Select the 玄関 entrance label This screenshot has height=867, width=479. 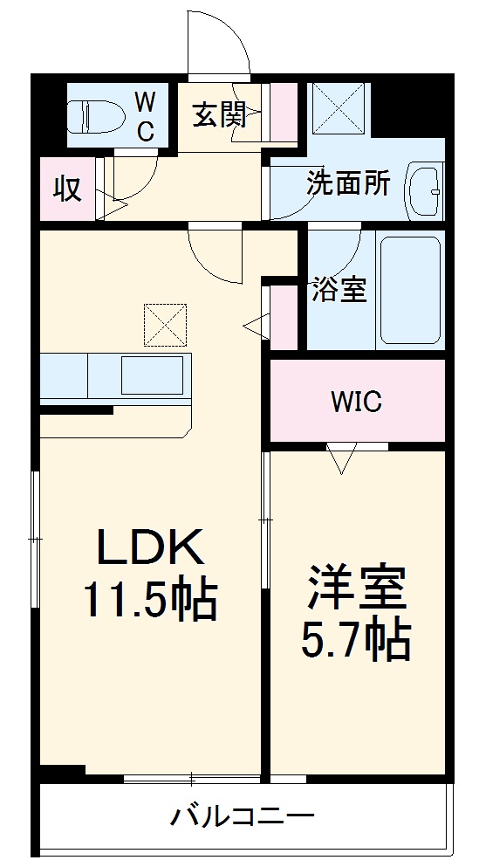218,114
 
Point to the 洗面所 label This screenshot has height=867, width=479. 347,186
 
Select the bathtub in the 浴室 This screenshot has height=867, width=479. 409,289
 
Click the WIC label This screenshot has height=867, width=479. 356,402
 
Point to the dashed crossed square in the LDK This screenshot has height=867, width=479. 166,325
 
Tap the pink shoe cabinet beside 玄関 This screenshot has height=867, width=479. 283,113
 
